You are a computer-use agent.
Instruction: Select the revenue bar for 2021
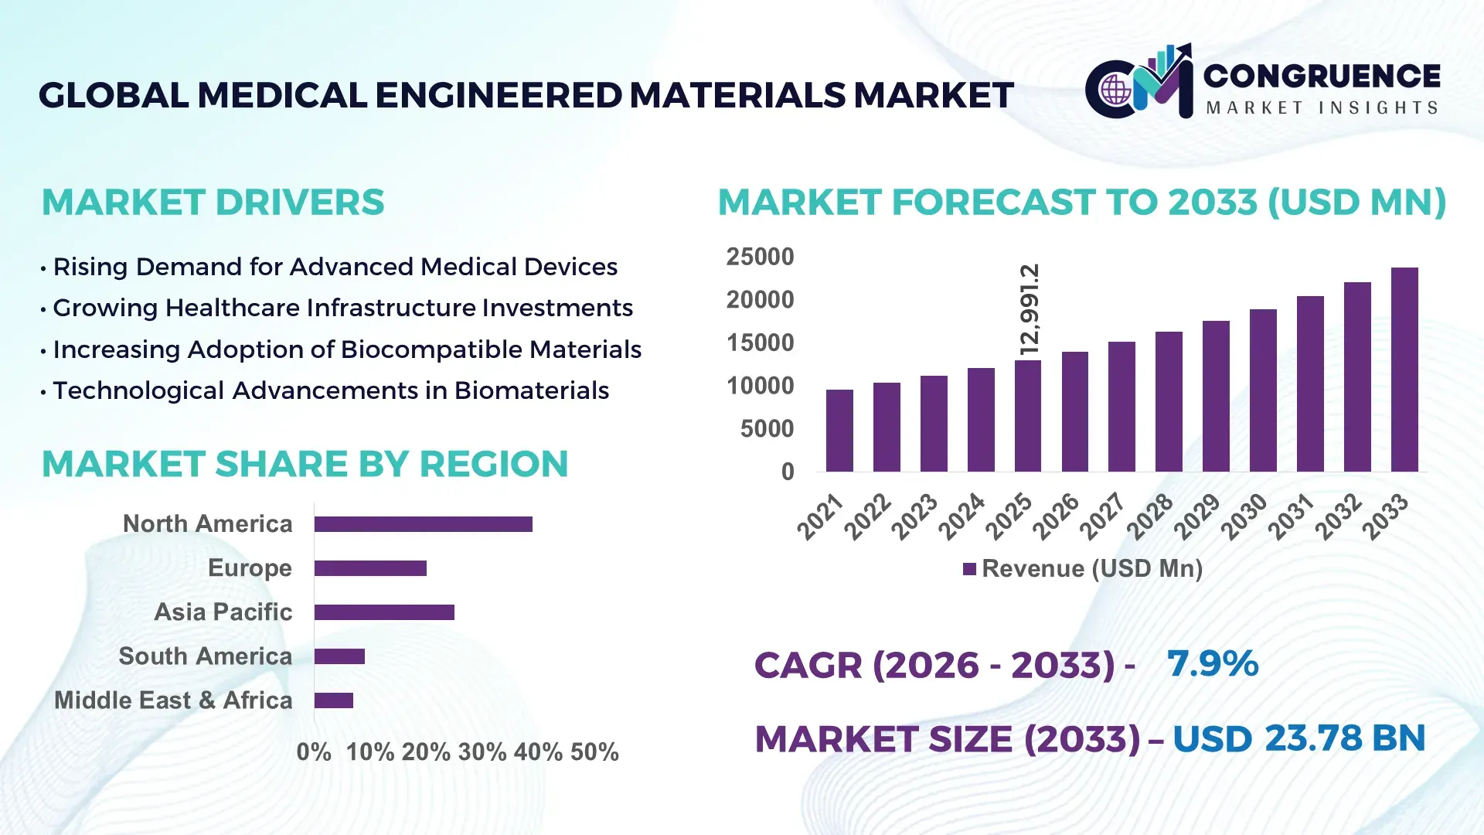pyautogui.click(x=839, y=431)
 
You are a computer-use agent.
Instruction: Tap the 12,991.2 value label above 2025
pyautogui.click(x=1030, y=309)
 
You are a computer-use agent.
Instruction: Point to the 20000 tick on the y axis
pyautogui.click(x=760, y=300)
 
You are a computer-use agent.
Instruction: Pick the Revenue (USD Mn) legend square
pyautogui.click(x=969, y=569)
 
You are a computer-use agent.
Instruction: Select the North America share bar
pyautogui.click(x=423, y=524)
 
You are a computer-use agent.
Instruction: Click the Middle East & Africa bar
pyautogui.click(x=334, y=700)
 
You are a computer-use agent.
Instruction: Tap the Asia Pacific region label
pyautogui.click(x=223, y=612)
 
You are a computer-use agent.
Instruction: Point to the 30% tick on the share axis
pyautogui.click(x=482, y=752)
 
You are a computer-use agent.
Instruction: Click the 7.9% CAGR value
pyautogui.click(x=1212, y=663)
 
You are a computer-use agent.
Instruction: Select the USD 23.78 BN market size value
pyautogui.click(x=1298, y=738)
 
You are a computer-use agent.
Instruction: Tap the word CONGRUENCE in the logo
pyautogui.click(x=1322, y=76)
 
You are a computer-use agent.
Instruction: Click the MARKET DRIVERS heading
pyautogui.click(x=213, y=203)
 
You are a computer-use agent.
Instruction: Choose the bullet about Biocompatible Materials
pyautogui.click(x=346, y=349)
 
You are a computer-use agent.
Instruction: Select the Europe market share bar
pyautogui.click(x=370, y=568)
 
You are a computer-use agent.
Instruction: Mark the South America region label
pyautogui.click(x=206, y=656)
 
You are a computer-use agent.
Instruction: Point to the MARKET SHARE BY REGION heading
pyautogui.click(x=305, y=464)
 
